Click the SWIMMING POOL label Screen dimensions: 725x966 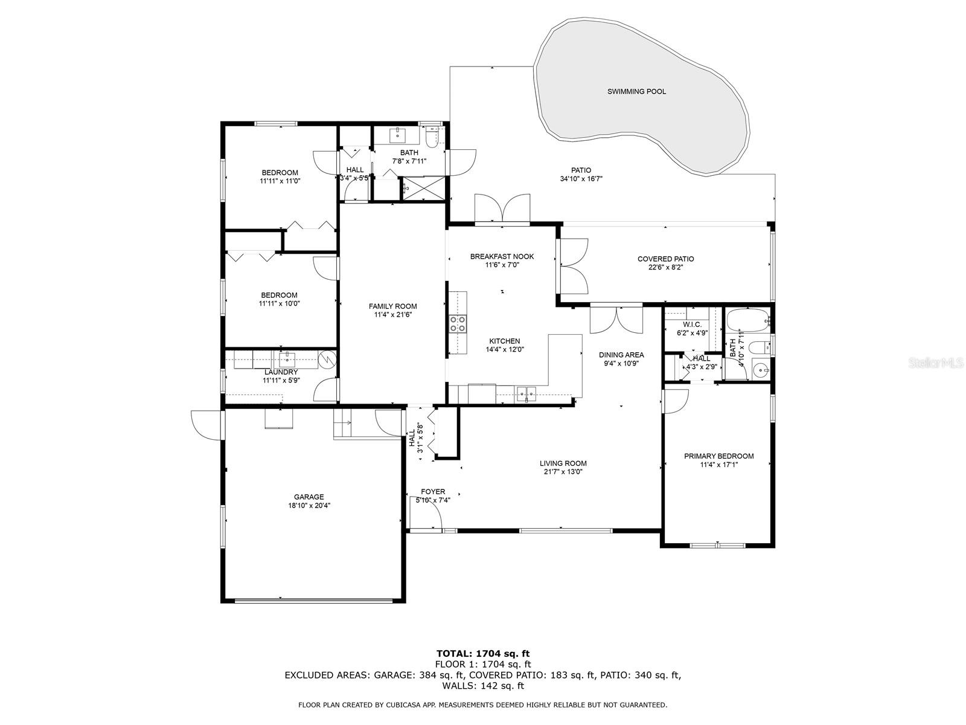(636, 92)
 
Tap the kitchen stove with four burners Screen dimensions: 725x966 (457, 324)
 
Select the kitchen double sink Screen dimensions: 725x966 (526, 394)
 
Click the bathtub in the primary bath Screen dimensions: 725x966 (747, 320)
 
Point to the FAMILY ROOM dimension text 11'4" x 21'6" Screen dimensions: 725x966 (392, 315)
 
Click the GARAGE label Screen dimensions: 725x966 (309, 497)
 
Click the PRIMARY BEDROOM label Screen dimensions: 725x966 (718, 456)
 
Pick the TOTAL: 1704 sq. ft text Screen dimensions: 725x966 (483, 653)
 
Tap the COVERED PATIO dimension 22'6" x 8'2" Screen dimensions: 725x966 (665, 267)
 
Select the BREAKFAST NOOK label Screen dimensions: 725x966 (502, 256)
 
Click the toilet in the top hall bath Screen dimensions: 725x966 (432, 138)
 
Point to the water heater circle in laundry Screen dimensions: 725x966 (327, 360)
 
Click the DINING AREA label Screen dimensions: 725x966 (621, 355)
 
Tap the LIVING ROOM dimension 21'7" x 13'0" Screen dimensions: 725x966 (563, 472)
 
